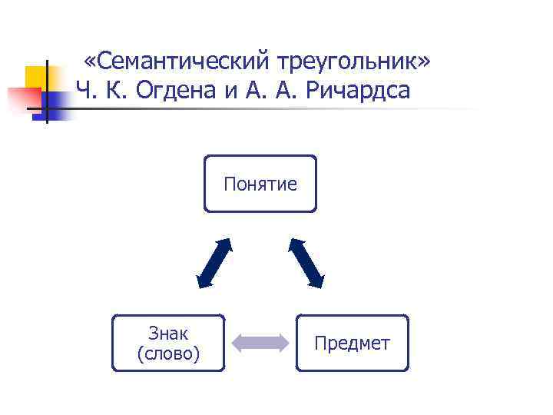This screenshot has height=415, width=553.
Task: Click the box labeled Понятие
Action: tap(260, 184)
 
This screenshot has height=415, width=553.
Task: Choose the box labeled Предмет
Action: tap(353, 343)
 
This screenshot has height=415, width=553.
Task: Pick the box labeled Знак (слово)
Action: tap(168, 343)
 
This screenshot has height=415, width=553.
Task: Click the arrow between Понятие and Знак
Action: tap(215, 263)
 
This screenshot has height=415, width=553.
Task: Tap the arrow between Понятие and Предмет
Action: tap(306, 263)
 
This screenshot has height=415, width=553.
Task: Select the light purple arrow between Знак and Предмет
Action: tap(260, 343)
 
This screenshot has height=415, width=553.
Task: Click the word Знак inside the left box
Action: tap(168, 334)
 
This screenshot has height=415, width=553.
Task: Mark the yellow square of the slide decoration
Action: tap(35, 77)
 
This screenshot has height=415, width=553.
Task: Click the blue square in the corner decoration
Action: tap(55, 100)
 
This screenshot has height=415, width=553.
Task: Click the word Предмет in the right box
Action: tap(353, 344)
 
